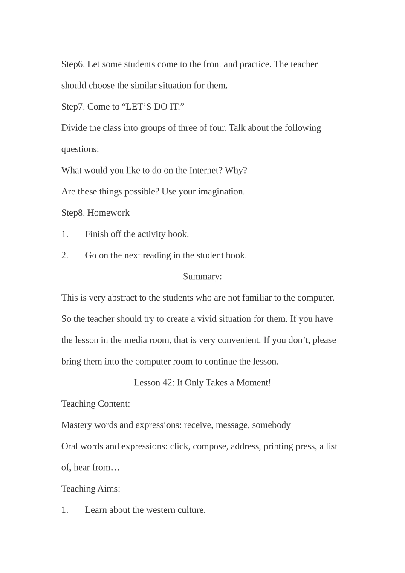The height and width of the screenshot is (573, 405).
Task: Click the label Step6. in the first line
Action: pyautogui.click(x=73, y=64)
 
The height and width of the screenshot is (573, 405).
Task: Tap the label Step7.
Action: pyautogui.click(x=73, y=107)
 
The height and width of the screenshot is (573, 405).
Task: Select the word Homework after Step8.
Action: pyautogui.click(x=108, y=213)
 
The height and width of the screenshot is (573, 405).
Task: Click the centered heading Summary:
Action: pyautogui.click(x=202, y=277)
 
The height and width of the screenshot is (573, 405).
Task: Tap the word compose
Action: pyautogui.click(x=210, y=446)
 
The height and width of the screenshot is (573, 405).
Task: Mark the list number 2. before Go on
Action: pyautogui.click(x=65, y=255)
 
